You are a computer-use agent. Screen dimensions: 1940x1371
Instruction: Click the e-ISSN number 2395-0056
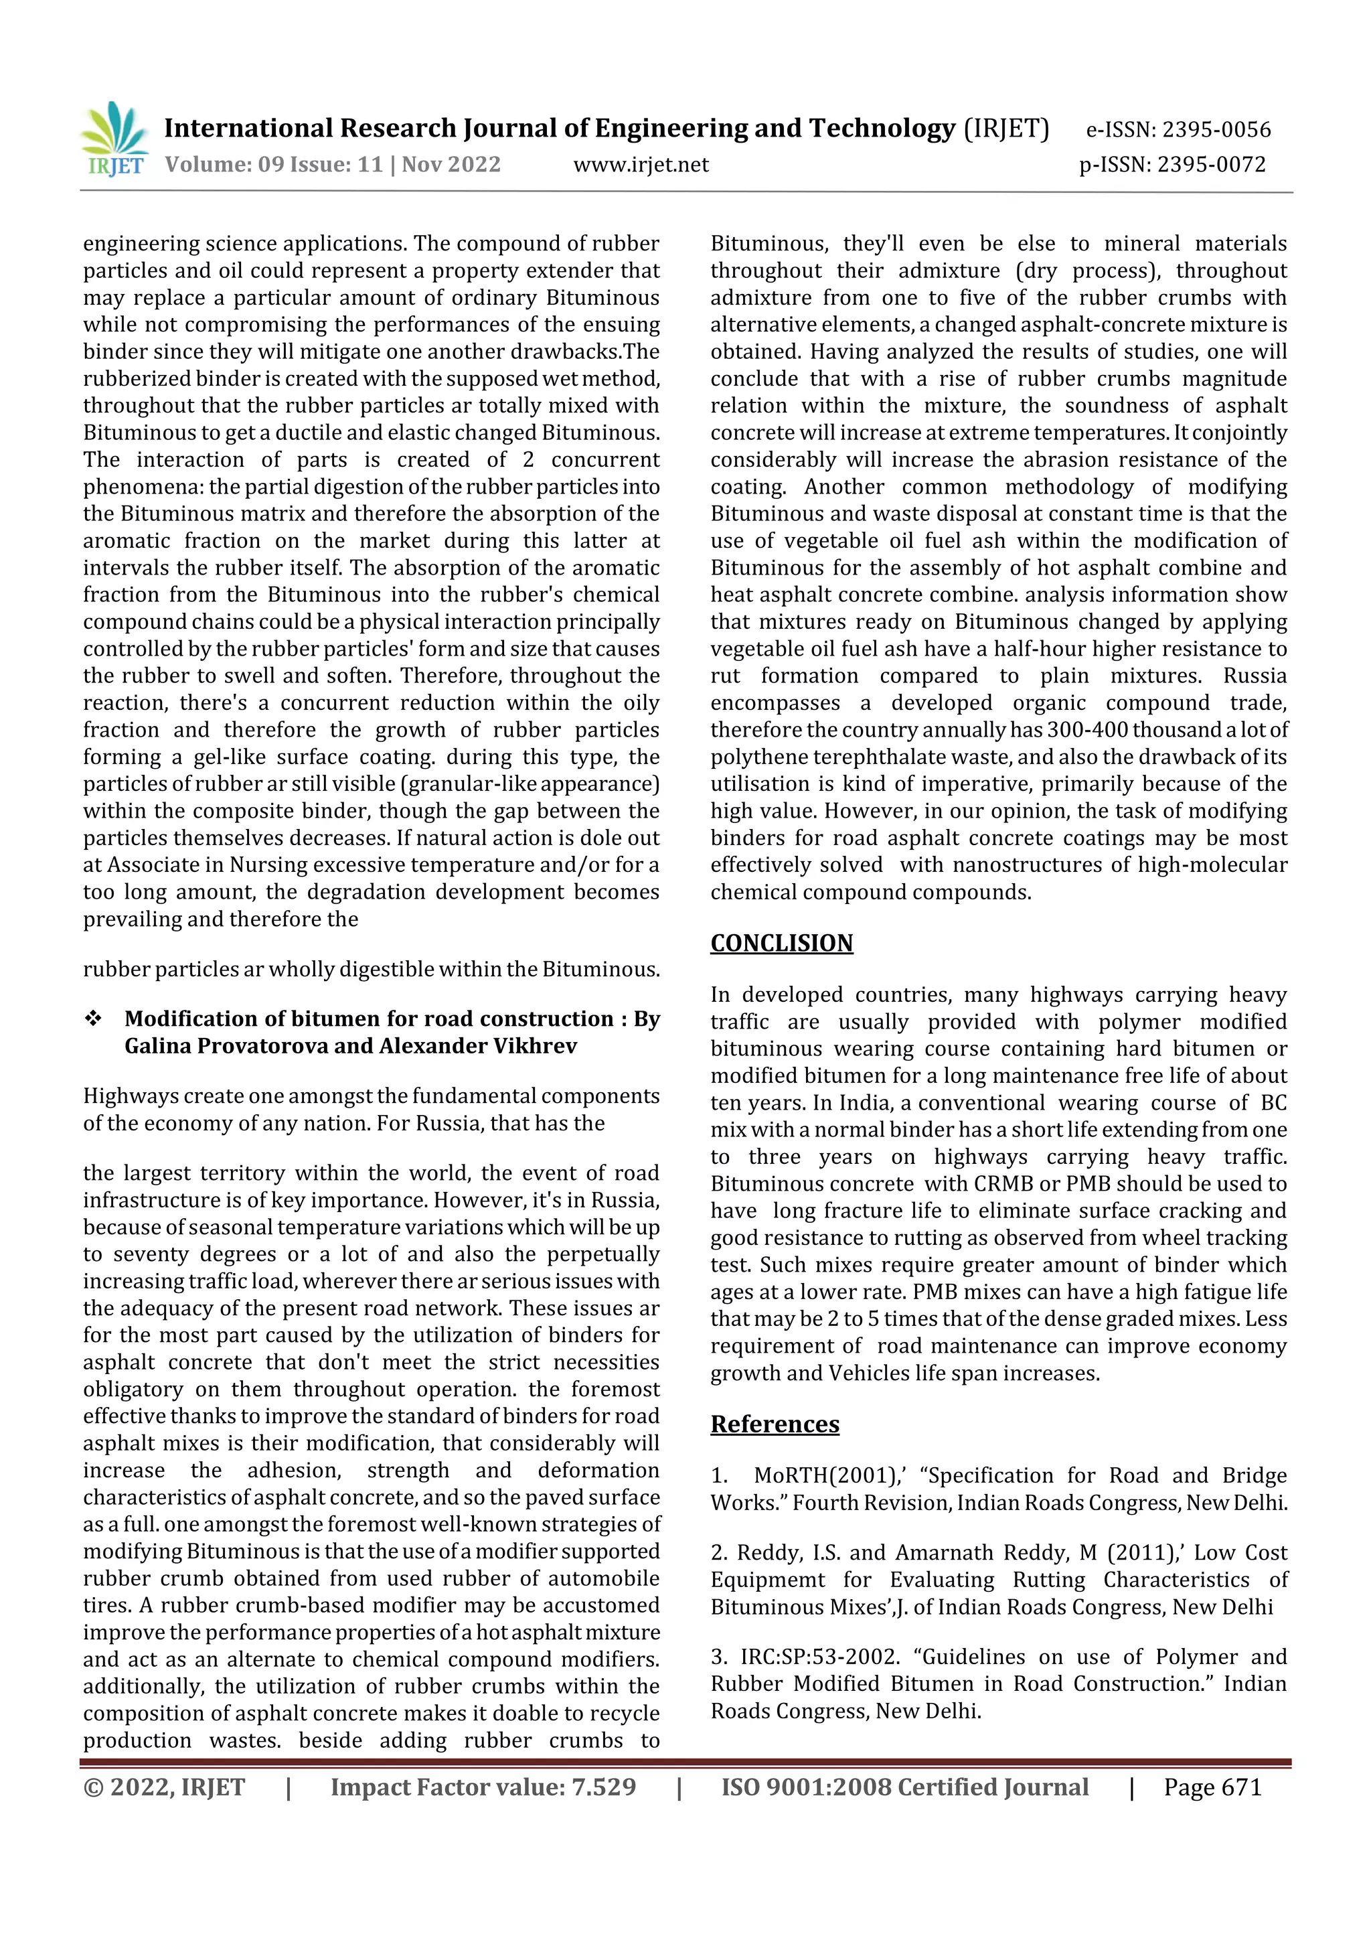coord(1216,130)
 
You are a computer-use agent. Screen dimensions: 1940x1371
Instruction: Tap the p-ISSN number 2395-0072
coord(1212,165)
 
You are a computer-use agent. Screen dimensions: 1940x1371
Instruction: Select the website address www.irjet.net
coord(641,165)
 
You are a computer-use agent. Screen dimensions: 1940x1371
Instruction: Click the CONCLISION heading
coord(781,943)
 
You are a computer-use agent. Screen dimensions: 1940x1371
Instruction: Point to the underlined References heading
coord(775,1424)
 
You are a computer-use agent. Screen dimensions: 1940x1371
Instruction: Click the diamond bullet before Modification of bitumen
coord(93,1019)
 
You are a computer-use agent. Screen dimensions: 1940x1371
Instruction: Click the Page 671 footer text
coord(1212,1787)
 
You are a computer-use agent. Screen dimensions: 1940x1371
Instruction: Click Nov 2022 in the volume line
coord(451,165)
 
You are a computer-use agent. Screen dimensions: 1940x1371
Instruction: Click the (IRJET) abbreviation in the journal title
coord(1006,129)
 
